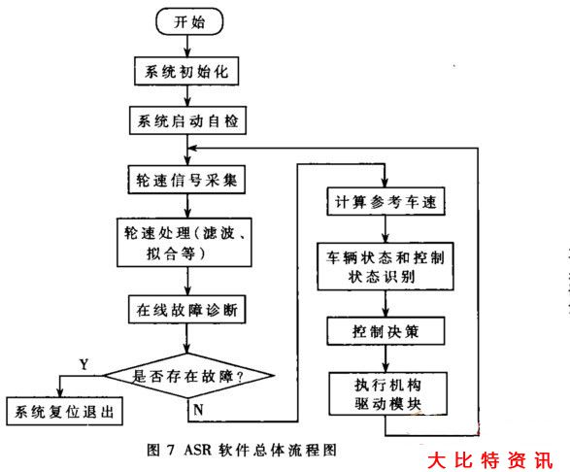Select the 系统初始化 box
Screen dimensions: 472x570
pyautogui.click(x=186, y=71)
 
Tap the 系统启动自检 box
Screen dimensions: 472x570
pyautogui.click(x=186, y=123)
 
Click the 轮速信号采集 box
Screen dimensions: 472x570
pyautogui.click(x=186, y=180)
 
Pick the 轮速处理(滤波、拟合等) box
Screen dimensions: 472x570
pyautogui.click(x=186, y=243)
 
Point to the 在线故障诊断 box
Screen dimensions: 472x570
pyautogui.click(x=186, y=311)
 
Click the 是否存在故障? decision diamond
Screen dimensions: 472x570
pyautogui.click(x=186, y=373)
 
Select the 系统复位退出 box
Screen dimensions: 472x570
pyautogui.click(x=64, y=413)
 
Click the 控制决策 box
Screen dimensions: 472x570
pyautogui.click(x=386, y=331)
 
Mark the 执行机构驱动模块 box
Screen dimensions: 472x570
pyautogui.click(x=386, y=389)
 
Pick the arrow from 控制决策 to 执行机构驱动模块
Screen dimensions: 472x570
pyautogui.click(x=386, y=358)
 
